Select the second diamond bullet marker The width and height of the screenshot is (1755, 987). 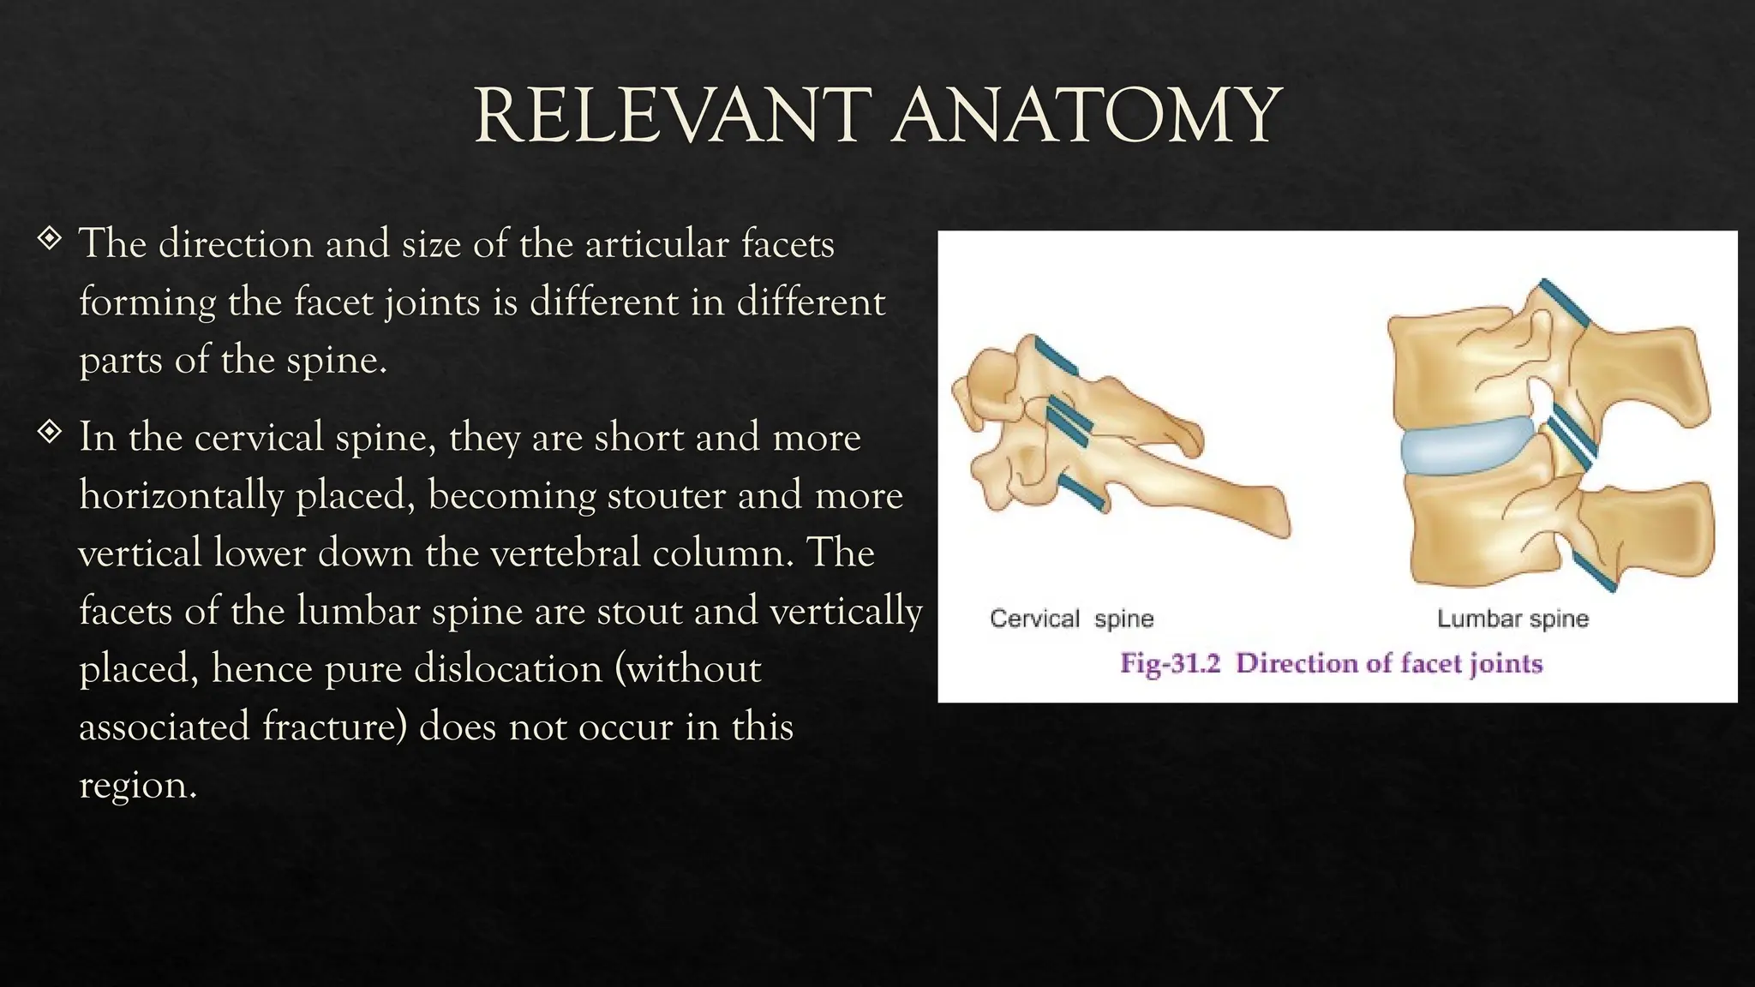[50, 431]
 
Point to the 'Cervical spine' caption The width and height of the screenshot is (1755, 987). [1071, 619]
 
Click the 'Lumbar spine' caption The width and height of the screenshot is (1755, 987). [1512, 619]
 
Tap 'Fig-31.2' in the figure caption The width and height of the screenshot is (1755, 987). [1170, 663]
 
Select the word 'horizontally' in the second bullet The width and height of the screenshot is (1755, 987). [181, 496]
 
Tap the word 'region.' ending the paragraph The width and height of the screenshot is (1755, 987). [138, 785]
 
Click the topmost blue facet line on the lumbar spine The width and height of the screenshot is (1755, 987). [1565, 302]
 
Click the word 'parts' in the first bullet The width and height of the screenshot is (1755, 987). [120, 361]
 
